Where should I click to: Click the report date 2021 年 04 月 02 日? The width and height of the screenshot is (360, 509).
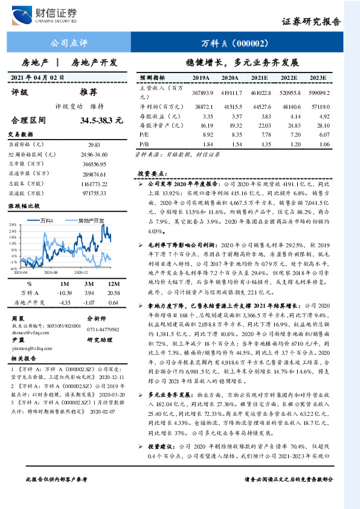(37, 78)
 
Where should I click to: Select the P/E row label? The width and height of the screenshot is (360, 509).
(144, 135)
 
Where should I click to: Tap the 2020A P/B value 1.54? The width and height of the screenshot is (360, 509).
(232, 144)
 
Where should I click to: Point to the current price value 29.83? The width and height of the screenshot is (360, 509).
(94, 145)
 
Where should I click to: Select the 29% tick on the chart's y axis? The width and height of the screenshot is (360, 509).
(13, 225)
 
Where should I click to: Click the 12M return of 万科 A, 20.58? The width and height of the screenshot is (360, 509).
(113, 292)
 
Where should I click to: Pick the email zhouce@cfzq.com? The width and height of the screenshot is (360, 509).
(29, 332)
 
